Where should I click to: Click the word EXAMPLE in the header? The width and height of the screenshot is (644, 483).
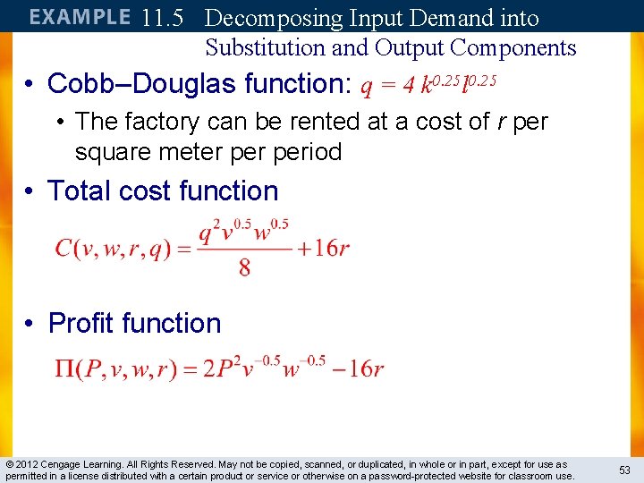point(80,17)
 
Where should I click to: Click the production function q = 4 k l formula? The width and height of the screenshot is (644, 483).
point(428,85)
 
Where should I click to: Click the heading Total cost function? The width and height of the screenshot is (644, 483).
point(163,191)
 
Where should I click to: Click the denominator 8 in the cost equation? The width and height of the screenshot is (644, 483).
point(244,267)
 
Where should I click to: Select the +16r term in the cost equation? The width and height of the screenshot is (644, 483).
point(325,248)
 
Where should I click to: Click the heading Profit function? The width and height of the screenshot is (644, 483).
point(134,323)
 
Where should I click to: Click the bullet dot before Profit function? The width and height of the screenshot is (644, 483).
point(30,324)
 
